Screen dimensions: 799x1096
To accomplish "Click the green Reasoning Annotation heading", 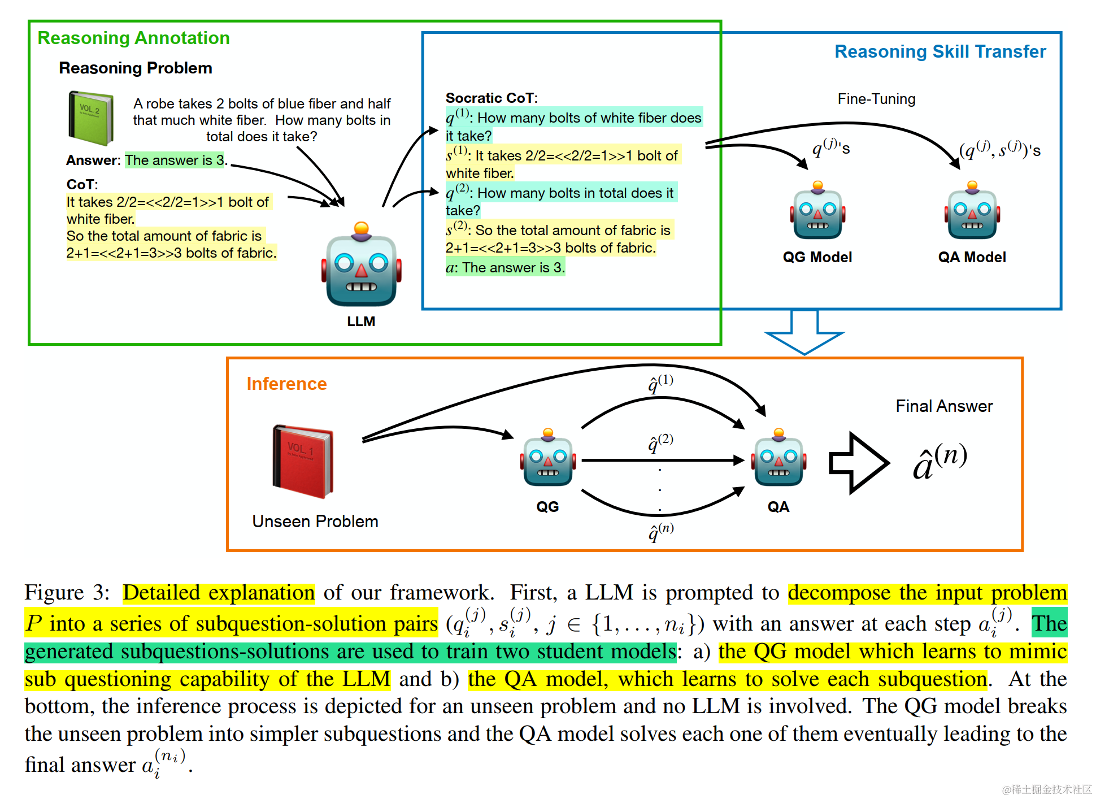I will [133, 38].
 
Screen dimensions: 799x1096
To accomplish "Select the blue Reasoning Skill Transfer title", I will [940, 51].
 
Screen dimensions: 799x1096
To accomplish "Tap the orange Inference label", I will [286, 384].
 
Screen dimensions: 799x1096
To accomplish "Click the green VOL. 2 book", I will [90, 118].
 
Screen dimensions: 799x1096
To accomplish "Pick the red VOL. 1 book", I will [303, 461].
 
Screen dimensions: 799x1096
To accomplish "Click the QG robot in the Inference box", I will [548, 458].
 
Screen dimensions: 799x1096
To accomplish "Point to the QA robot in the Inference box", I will [778, 458].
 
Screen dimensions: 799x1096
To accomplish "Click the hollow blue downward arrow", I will [804, 333].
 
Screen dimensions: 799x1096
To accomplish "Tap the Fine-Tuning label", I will [876, 99].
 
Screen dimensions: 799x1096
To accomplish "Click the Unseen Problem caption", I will [315, 521].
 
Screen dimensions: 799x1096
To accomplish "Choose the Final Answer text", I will [943, 406].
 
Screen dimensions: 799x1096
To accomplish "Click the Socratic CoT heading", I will [491, 98].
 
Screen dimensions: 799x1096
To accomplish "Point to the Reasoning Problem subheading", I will [136, 68].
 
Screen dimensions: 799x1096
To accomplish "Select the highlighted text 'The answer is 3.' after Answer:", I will [175, 160].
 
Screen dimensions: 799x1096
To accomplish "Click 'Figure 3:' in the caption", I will [67, 593].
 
